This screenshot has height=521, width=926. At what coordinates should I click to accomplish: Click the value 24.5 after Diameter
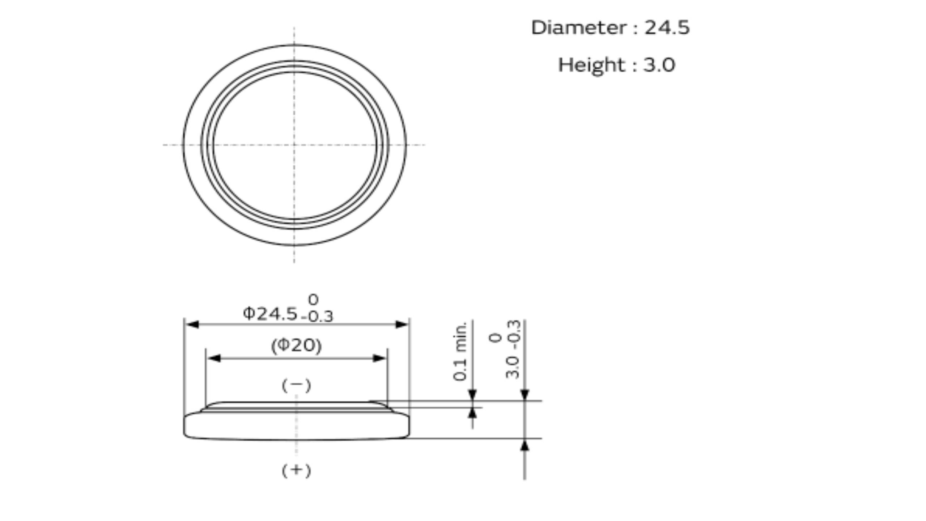pos(667,28)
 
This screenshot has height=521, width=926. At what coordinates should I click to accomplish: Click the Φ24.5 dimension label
pos(270,314)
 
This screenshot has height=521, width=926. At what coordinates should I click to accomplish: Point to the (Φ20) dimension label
pos(296,346)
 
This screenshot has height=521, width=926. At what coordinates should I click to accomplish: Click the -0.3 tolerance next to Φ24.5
pos(317,317)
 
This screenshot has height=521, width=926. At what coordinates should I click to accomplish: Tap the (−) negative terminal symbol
pos(296,386)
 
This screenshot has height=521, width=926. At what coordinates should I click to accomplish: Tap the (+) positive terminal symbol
pos(296,470)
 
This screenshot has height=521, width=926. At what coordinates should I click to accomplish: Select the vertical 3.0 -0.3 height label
pos(513,350)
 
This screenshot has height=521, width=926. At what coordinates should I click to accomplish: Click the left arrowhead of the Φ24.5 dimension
pos(192,325)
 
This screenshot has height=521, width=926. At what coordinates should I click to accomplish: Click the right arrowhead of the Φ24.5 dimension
pos(402,325)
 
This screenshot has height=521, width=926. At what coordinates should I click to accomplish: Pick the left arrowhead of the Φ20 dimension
pos(214,358)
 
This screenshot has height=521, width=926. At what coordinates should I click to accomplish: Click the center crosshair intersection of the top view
pos(294,145)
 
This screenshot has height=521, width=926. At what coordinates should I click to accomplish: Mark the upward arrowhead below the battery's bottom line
pos(524,445)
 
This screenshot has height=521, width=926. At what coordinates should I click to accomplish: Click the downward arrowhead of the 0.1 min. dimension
pos(472,395)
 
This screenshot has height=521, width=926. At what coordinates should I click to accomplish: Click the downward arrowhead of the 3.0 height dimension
pos(524,395)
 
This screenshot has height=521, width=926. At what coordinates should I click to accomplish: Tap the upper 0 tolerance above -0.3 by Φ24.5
pos(313,300)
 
